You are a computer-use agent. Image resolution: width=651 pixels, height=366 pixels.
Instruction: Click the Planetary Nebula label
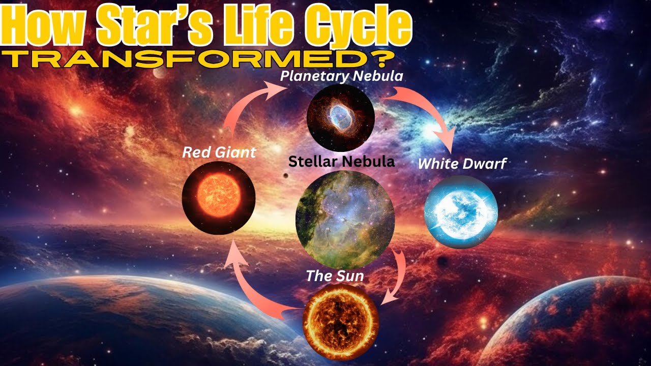pos(342,77)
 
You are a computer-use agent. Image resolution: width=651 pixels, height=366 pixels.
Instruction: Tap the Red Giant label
pos(219,152)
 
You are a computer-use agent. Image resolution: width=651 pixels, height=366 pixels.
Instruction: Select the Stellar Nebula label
pos(341,162)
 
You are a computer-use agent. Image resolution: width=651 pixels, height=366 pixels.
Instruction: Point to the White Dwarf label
pos(462,164)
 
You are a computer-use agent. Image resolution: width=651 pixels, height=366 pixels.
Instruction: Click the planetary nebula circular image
pos(341,118)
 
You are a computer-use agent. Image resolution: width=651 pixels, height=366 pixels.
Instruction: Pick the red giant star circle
pos(219,197)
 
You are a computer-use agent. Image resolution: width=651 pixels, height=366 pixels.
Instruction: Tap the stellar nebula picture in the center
pos(345,220)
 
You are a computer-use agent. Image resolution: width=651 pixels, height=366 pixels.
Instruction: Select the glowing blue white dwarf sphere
pos(461,211)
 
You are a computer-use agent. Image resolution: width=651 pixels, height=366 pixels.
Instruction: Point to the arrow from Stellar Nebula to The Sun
pos(397,277)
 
